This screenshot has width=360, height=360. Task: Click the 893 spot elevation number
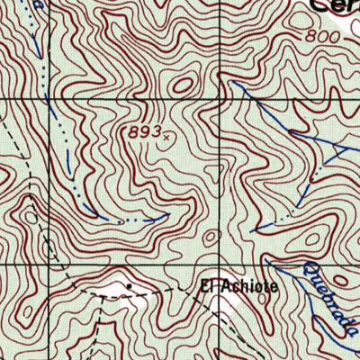point(145,132)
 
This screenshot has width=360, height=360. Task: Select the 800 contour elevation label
point(322,37)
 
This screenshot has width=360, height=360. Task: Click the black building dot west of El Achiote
point(130,286)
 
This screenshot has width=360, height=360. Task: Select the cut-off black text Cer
point(334,5)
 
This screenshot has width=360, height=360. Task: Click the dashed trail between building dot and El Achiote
point(166,292)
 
